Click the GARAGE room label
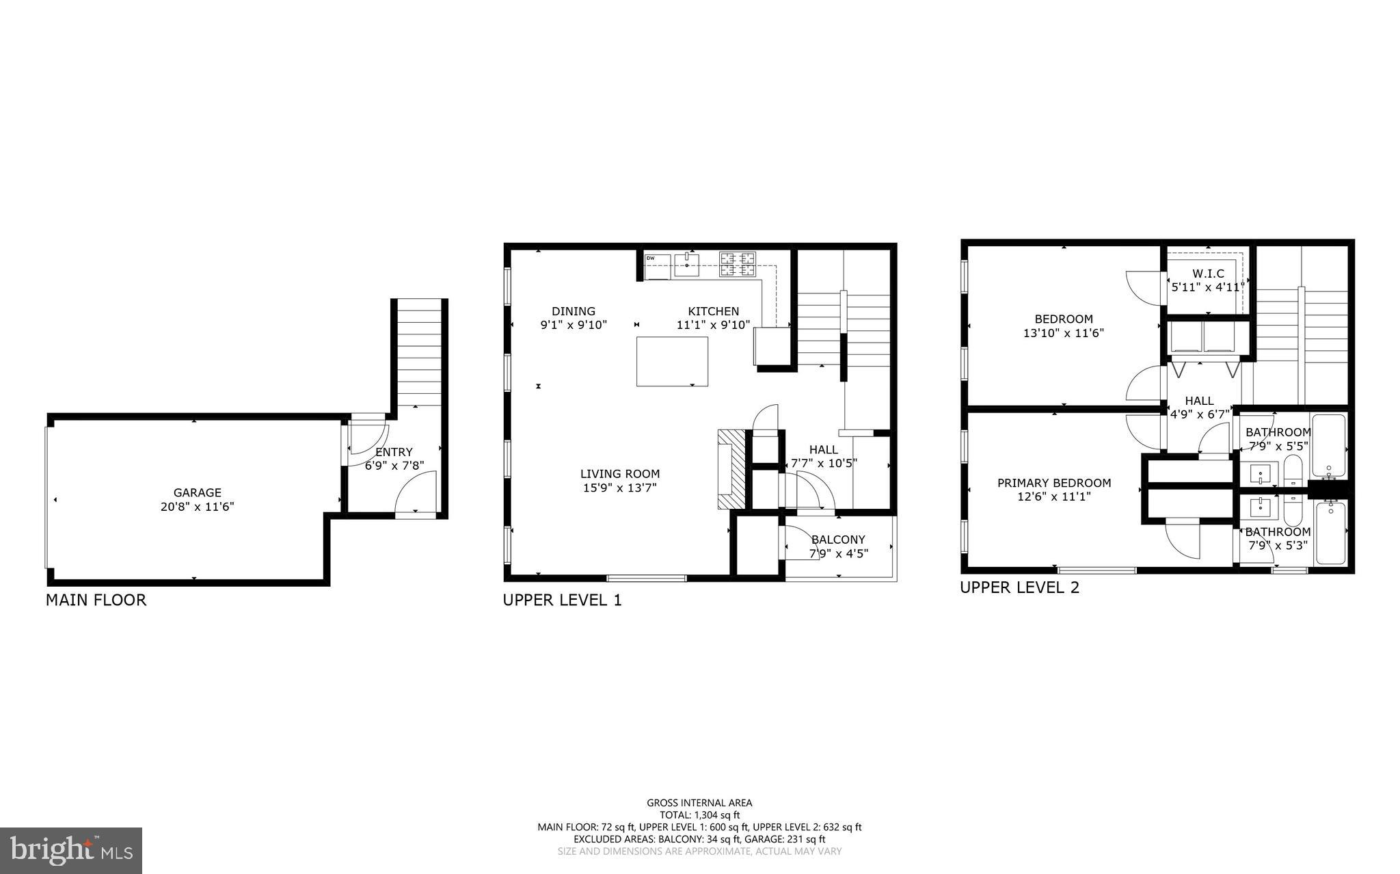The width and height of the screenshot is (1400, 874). pyautogui.click(x=197, y=492)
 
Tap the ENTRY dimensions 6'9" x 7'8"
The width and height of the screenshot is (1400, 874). pyautogui.click(x=394, y=466)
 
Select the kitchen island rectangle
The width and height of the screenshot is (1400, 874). pyautogui.click(x=672, y=361)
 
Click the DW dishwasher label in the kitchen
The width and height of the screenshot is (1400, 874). pyautogui.click(x=651, y=259)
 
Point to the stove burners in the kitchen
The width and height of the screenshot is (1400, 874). pyautogui.click(x=738, y=263)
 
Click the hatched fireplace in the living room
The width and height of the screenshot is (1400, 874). pyautogui.click(x=729, y=469)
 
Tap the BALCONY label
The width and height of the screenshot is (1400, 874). pyautogui.click(x=838, y=540)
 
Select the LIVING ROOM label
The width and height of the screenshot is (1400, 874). pyautogui.click(x=620, y=474)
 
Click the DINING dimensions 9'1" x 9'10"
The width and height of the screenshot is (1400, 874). pyautogui.click(x=574, y=326)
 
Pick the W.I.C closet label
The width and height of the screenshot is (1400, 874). pyautogui.click(x=1208, y=274)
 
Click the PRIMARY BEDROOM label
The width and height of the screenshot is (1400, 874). pyautogui.click(x=1053, y=483)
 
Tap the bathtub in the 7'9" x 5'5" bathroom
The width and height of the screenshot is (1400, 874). pyautogui.click(x=1328, y=446)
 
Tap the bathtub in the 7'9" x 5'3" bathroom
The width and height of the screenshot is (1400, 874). pyautogui.click(x=1330, y=533)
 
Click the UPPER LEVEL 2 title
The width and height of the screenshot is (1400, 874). pyautogui.click(x=1019, y=587)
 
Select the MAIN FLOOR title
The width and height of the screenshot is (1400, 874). pyautogui.click(x=96, y=600)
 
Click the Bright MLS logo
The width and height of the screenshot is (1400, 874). pyautogui.click(x=71, y=850)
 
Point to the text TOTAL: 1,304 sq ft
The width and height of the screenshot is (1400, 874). pyautogui.click(x=699, y=815)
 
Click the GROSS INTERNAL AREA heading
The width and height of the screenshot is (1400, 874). pyautogui.click(x=699, y=803)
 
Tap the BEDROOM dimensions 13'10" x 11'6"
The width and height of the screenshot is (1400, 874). pyautogui.click(x=1063, y=334)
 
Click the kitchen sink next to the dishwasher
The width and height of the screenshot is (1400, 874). pyautogui.click(x=686, y=263)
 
